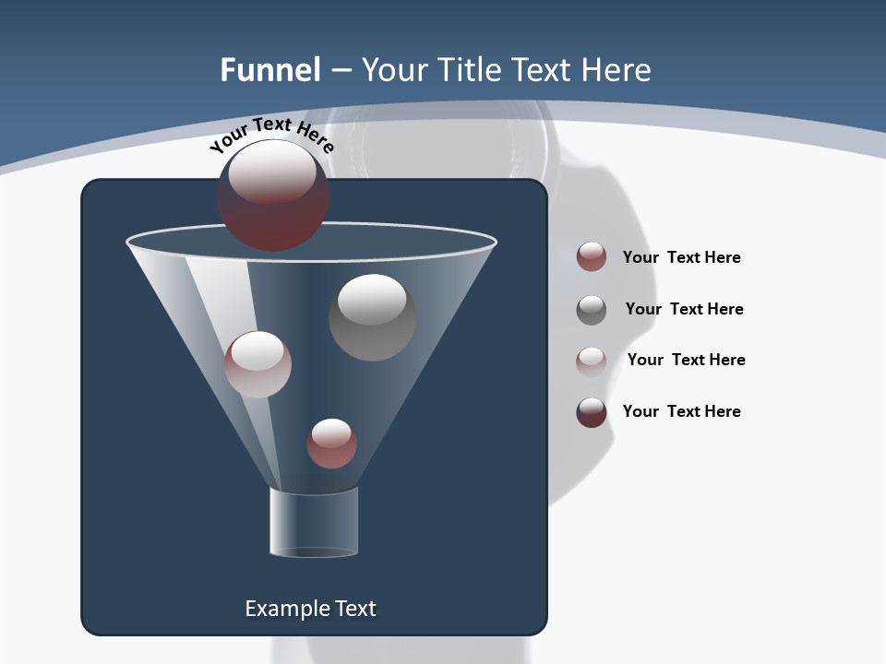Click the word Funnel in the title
click(270, 70)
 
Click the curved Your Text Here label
click(271, 135)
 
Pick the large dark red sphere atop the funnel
click(272, 196)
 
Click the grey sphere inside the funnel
click(372, 317)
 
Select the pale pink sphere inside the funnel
click(257, 364)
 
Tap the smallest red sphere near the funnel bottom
click(331, 444)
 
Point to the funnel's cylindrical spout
click(314, 522)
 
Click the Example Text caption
click(311, 609)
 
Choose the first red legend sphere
click(592, 257)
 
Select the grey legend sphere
click(592, 309)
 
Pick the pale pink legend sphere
click(592, 361)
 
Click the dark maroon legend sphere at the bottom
click(592, 412)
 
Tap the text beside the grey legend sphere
click(684, 309)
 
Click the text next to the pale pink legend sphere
click(686, 360)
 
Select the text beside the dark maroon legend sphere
click(681, 411)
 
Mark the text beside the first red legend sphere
click(681, 257)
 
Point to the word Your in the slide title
click(389, 70)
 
